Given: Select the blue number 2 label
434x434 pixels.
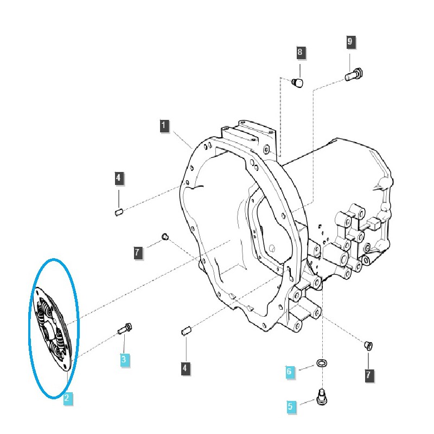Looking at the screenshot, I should pyautogui.click(x=66, y=399).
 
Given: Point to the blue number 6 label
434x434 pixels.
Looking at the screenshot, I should pyautogui.click(x=290, y=372).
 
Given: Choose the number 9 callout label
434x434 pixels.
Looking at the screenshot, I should pyautogui.click(x=350, y=41).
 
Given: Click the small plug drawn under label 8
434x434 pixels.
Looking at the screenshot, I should pyautogui.click(x=298, y=82).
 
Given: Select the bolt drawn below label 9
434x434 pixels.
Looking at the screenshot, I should pyautogui.click(x=355, y=74).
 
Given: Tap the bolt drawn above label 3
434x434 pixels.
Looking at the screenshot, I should pyautogui.click(x=125, y=328).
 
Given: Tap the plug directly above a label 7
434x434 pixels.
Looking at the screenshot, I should pyautogui.click(x=369, y=345).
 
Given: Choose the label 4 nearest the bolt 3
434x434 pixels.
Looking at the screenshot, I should pyautogui.click(x=185, y=369).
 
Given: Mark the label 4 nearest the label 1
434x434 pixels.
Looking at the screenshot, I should pyautogui.click(x=119, y=177).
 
